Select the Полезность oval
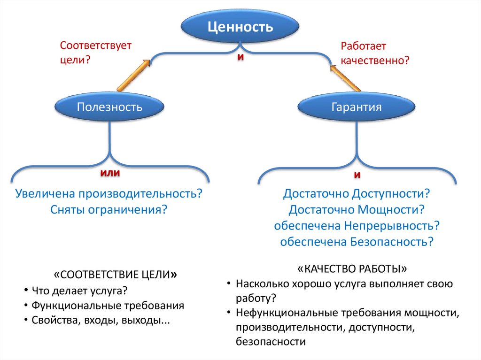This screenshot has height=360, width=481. (x=109, y=107)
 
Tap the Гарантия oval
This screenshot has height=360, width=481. (x=357, y=107)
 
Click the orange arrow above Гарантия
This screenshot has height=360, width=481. (x=345, y=77)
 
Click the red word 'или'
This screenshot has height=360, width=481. (x=110, y=173)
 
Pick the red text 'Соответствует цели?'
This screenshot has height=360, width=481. (x=96, y=53)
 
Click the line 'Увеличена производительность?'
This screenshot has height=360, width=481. (x=109, y=194)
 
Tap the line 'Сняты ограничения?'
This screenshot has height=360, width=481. (x=109, y=209)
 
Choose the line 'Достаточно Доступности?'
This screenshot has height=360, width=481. (x=357, y=193)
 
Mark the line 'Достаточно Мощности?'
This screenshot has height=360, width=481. (x=357, y=209)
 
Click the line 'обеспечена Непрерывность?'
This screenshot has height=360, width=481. (x=357, y=225)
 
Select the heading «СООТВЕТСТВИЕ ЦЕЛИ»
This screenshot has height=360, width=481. (x=116, y=274)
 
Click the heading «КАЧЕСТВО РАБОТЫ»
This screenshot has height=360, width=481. (x=352, y=269)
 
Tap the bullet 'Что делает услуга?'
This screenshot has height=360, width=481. (x=80, y=290)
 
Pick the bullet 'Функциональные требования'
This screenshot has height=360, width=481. (x=108, y=306)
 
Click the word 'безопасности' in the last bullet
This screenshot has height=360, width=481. (x=271, y=342)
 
